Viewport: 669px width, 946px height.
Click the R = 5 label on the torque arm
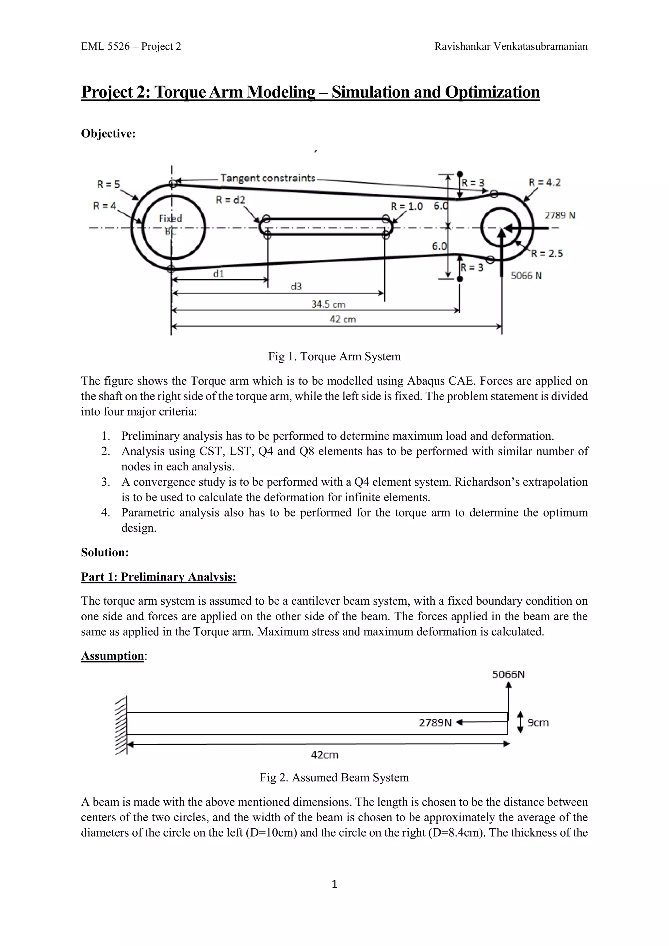pyautogui.click(x=108, y=185)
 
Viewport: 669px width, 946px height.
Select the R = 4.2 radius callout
pyautogui.click(x=545, y=183)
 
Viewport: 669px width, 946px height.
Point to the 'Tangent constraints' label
pyautogui.click(x=268, y=178)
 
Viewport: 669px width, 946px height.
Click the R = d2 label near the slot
pyautogui.click(x=230, y=200)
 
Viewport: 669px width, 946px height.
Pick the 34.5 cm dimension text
pyautogui.click(x=328, y=304)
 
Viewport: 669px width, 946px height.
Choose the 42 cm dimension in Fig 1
pyautogui.click(x=343, y=319)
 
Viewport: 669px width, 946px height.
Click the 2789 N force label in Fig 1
pyautogui.click(x=560, y=215)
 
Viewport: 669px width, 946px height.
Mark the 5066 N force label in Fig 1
pyautogui.click(x=526, y=276)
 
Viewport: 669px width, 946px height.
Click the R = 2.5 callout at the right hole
pyautogui.click(x=547, y=253)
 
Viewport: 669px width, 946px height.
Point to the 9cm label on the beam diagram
pyautogui.click(x=538, y=723)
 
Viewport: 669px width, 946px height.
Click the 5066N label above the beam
pyautogui.click(x=508, y=675)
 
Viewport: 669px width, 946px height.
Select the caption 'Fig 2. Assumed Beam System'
pyautogui.click(x=334, y=777)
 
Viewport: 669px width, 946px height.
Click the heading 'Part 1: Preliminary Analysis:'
pyautogui.click(x=159, y=577)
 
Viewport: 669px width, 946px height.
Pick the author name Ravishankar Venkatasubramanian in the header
pyautogui.click(x=511, y=46)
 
